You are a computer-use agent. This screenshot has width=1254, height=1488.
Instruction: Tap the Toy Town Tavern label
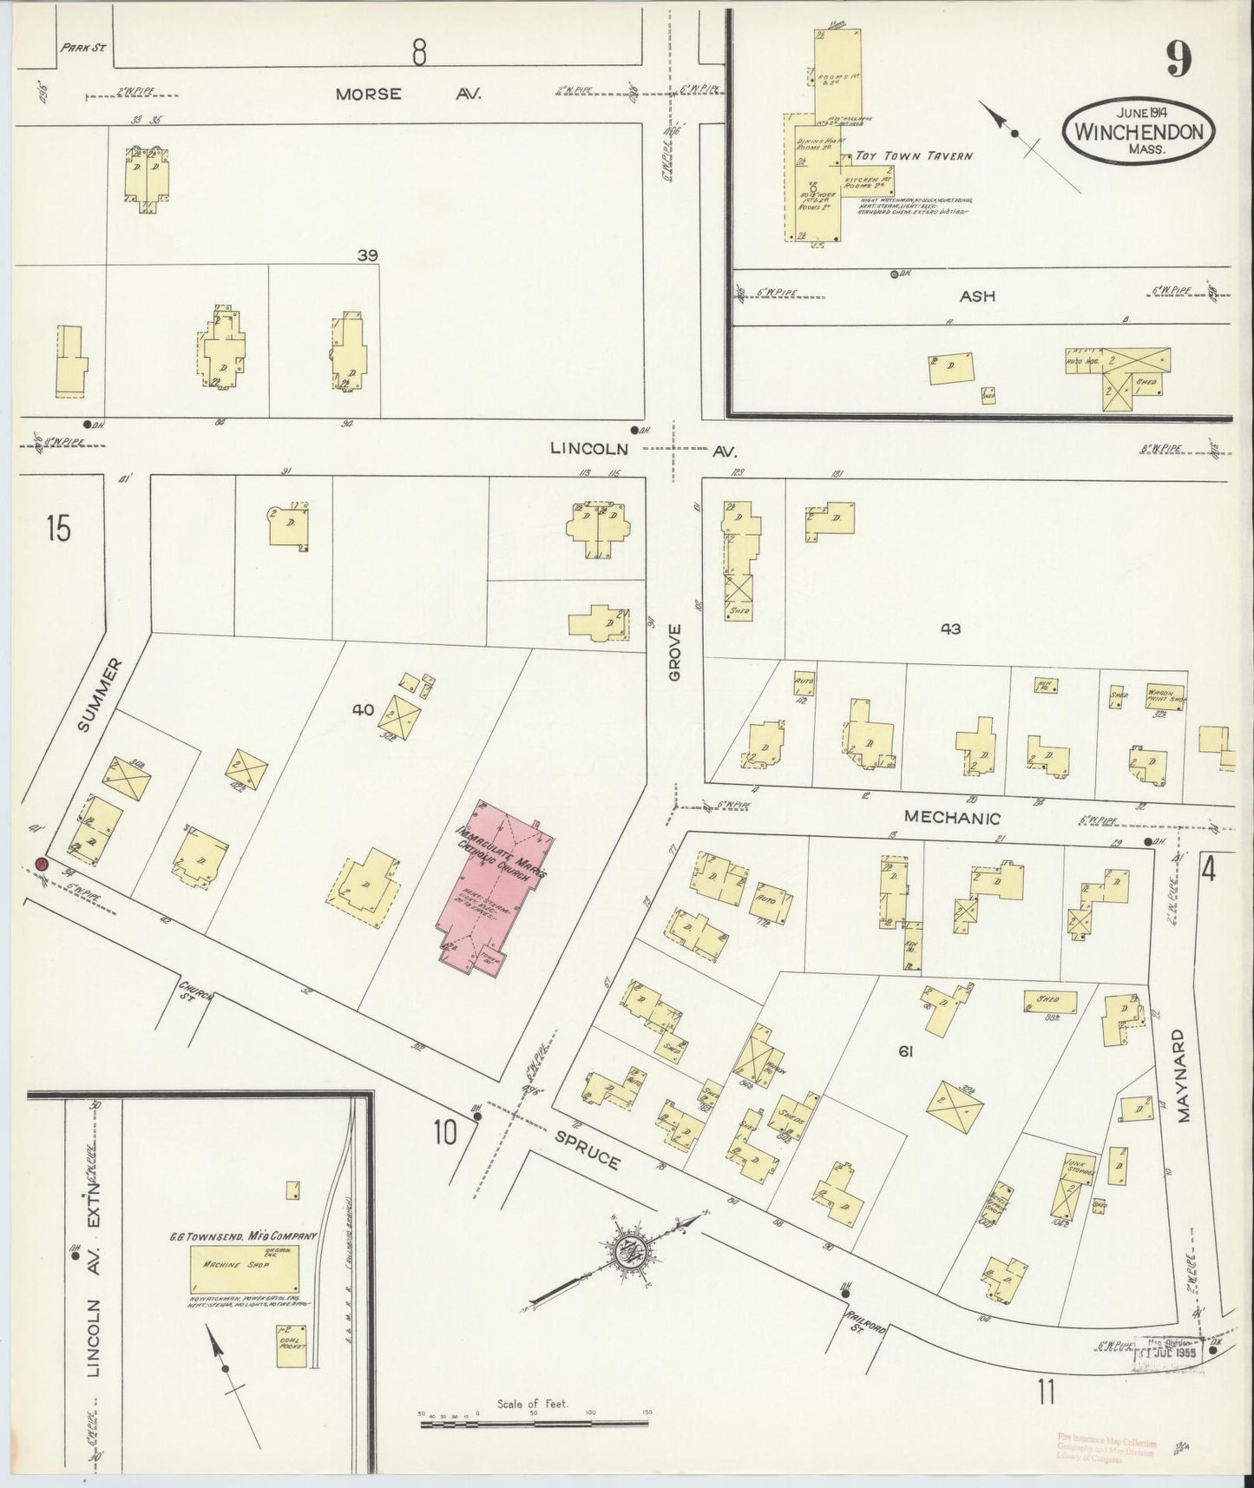(x=913, y=156)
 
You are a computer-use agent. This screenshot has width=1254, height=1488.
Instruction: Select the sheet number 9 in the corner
(x=1178, y=60)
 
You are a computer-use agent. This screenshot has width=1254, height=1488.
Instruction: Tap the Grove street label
(x=675, y=652)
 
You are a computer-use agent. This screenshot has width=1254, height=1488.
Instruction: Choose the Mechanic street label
(x=951, y=817)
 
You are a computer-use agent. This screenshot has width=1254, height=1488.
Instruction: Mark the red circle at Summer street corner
(x=41, y=864)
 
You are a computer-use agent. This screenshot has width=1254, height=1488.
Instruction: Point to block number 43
(x=951, y=629)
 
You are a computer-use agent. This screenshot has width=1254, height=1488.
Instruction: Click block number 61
(x=906, y=1052)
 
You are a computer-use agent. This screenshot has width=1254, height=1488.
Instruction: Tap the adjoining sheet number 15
(x=58, y=529)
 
